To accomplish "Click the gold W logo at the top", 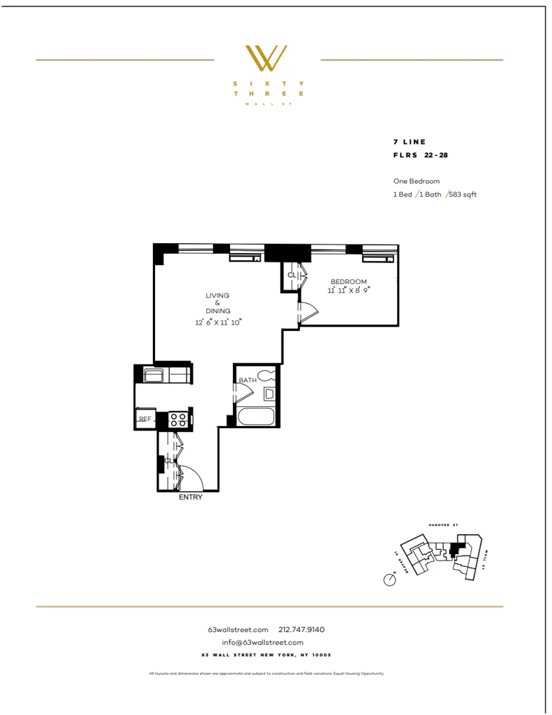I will [266, 59].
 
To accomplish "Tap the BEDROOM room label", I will [348, 282].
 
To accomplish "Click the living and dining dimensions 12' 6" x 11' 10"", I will [219, 322].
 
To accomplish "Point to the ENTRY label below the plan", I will [191, 498].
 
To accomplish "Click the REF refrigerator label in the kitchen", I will [144, 419].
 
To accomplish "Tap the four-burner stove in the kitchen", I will [179, 420].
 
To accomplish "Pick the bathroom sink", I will [269, 393].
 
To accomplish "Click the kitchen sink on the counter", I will [154, 375].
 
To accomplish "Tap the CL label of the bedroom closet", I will [291, 275].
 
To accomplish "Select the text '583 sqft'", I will [462, 194].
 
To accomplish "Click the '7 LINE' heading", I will [409, 142].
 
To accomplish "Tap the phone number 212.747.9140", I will [301, 629].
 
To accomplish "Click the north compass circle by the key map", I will [390, 580].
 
